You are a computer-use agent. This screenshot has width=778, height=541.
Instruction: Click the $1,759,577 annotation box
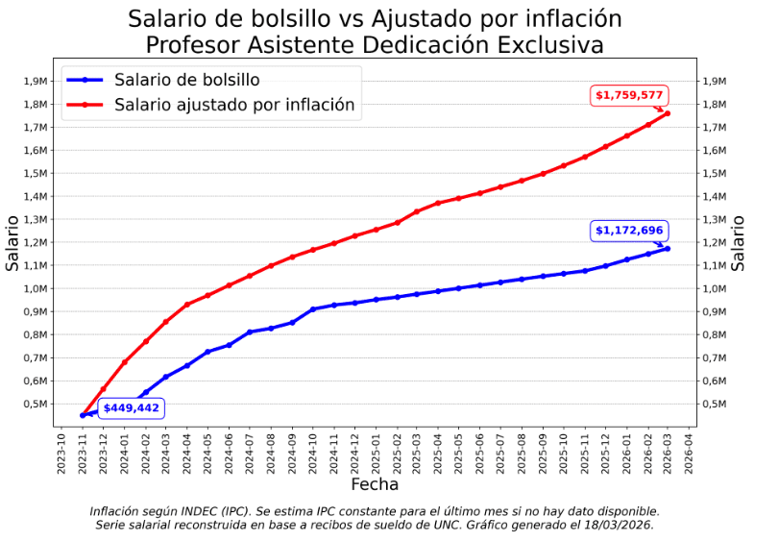[x=629, y=95]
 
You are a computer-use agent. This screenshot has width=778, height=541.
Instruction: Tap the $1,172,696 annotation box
[x=629, y=231]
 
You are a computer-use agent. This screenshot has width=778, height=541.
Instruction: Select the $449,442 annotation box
[x=132, y=408]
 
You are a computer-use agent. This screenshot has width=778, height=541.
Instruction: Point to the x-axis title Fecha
[x=375, y=484]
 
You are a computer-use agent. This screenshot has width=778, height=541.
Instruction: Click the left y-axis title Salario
[x=13, y=242]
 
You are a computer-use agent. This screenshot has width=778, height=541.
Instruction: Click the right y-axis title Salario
[x=738, y=242]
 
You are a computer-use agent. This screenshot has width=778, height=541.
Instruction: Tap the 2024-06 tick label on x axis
[x=230, y=452]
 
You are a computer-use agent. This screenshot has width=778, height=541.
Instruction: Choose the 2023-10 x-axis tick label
[x=61, y=452]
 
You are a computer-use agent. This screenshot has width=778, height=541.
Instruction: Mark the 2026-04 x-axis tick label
[x=689, y=452]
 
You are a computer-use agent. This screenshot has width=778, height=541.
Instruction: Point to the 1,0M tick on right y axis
[x=715, y=288]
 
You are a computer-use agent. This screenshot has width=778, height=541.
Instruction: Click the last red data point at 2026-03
[x=668, y=113]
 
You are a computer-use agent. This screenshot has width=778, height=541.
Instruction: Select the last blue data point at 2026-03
[x=668, y=249]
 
